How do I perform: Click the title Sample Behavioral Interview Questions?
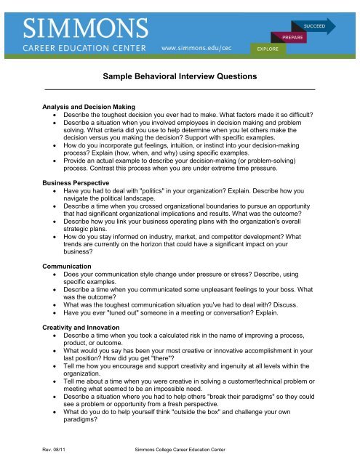coord(180,77)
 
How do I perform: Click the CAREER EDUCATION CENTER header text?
coord(87,49)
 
